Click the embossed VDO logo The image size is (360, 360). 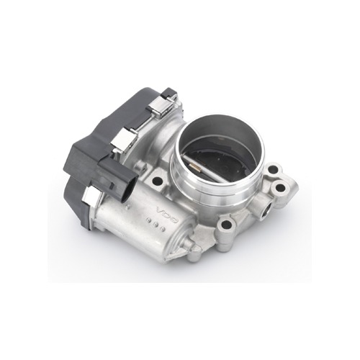[x=167, y=215]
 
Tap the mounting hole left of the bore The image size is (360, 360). [x=157, y=181]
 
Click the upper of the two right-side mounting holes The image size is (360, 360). [x=273, y=170]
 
